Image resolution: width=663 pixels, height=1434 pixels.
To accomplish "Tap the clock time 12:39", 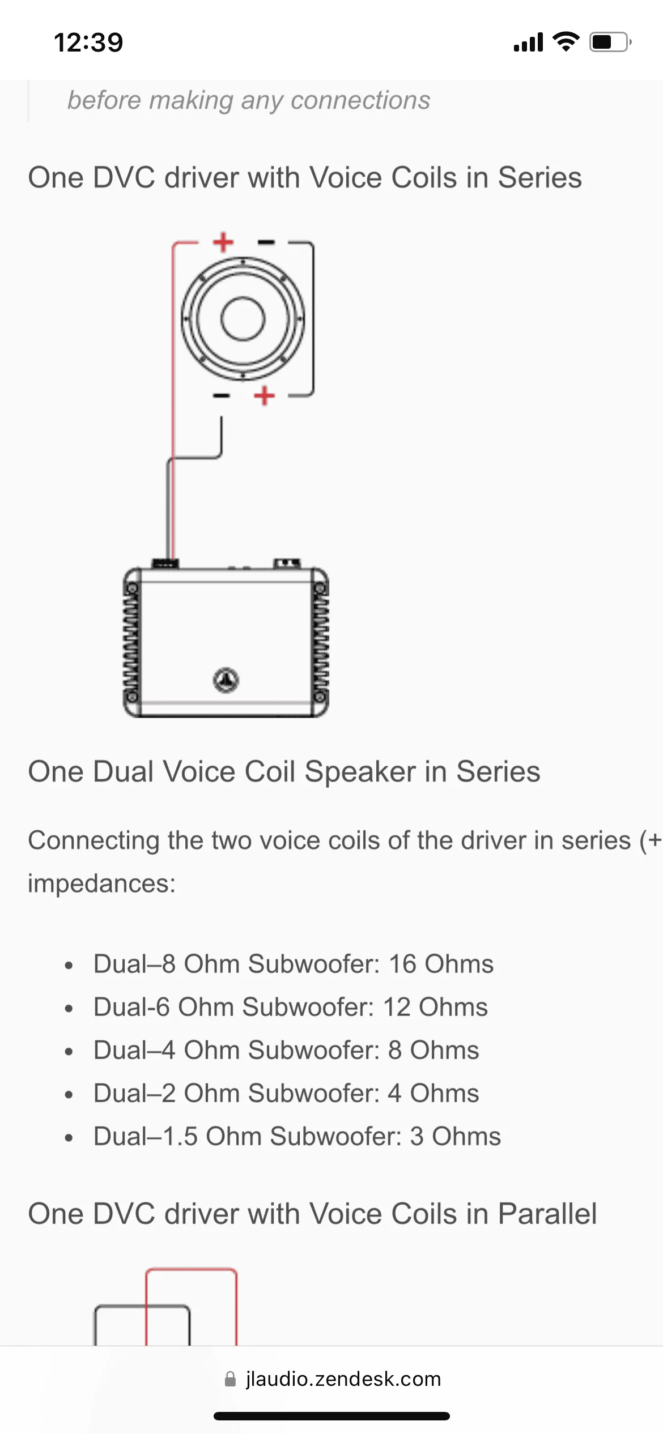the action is [x=88, y=42].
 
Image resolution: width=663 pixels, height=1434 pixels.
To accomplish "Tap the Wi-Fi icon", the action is [x=566, y=41].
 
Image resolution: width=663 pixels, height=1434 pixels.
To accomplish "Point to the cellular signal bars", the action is [x=528, y=42].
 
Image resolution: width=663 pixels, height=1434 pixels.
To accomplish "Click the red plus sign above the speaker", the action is [x=223, y=242].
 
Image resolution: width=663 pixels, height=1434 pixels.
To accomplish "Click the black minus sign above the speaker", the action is [x=266, y=242].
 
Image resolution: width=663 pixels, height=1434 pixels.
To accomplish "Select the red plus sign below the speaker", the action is [x=264, y=395].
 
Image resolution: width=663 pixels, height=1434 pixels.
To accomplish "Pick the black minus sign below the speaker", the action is [x=221, y=395].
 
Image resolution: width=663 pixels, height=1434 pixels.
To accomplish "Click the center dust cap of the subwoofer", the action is [x=243, y=319].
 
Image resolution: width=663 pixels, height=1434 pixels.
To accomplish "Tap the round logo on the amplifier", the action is [x=226, y=680].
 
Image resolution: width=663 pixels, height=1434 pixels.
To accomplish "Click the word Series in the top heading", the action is [x=539, y=177].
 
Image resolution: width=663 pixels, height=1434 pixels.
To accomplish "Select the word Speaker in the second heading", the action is [x=360, y=771].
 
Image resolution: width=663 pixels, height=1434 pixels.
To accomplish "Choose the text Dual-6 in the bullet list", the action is [x=131, y=1007].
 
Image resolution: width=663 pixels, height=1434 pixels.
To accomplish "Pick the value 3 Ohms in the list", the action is [x=455, y=1136].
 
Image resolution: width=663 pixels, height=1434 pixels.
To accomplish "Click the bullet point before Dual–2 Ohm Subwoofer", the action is [x=69, y=1094].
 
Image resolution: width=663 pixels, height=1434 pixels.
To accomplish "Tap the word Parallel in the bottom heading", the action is [x=547, y=1214].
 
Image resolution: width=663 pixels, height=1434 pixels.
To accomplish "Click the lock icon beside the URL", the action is [x=230, y=1378].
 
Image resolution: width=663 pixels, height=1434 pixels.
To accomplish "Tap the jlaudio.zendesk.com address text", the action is [x=343, y=1378].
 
